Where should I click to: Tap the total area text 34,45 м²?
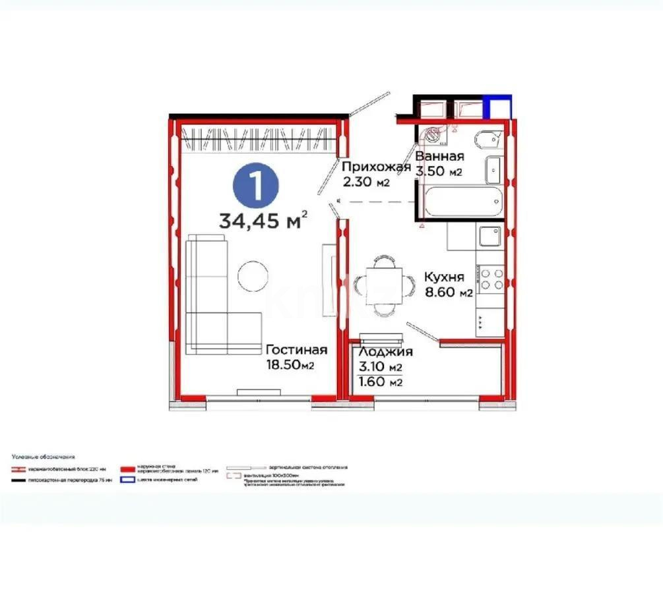263,220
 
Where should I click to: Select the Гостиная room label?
296,349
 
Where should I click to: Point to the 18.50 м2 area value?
288,365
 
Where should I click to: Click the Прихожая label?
376,167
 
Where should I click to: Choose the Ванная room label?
439,157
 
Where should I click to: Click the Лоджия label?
386,352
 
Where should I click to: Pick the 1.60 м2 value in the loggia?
381,382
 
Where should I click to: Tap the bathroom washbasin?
495,169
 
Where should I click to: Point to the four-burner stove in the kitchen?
491,279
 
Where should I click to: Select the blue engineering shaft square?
497,107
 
